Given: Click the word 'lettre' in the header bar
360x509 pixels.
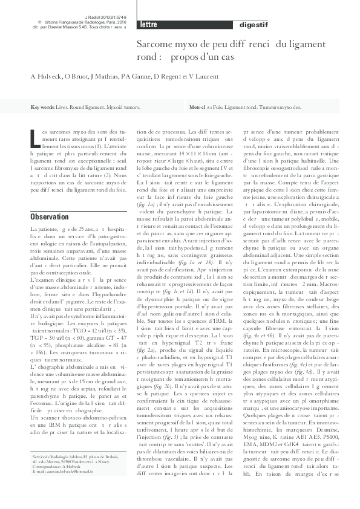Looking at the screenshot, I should pyautogui.click(x=149, y=25).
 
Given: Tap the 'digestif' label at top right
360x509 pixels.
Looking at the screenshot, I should pyautogui.click(x=255, y=25).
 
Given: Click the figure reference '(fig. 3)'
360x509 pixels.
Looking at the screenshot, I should pyautogui.click(x=169, y=386).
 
